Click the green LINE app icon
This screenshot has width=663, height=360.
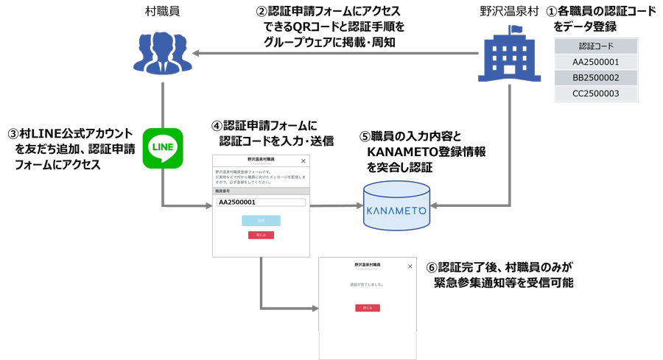pos(162,148)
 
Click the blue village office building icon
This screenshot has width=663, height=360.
pos(509,57)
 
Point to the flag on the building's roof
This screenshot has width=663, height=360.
pos(516,30)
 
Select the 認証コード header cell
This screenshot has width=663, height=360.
pos(595,46)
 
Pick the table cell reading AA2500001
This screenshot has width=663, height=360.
pos(595,62)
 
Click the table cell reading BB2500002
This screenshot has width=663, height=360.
pos(595,77)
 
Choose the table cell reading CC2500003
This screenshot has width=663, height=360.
pos(595,93)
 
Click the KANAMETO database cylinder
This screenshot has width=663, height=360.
pos(396,207)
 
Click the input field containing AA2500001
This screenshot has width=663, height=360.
pos(261,202)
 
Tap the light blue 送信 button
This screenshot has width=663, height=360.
pos(261,220)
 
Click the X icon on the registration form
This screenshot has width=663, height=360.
pos(303,160)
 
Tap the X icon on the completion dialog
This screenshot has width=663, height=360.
pos(410,266)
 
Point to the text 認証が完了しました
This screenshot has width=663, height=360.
pos(367,284)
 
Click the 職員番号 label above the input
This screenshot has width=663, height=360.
pos(222,191)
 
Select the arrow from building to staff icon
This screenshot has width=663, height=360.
pos(331,54)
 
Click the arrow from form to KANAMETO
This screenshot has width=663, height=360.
pos(336,206)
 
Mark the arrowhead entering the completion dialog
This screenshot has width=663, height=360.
pos(315,308)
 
